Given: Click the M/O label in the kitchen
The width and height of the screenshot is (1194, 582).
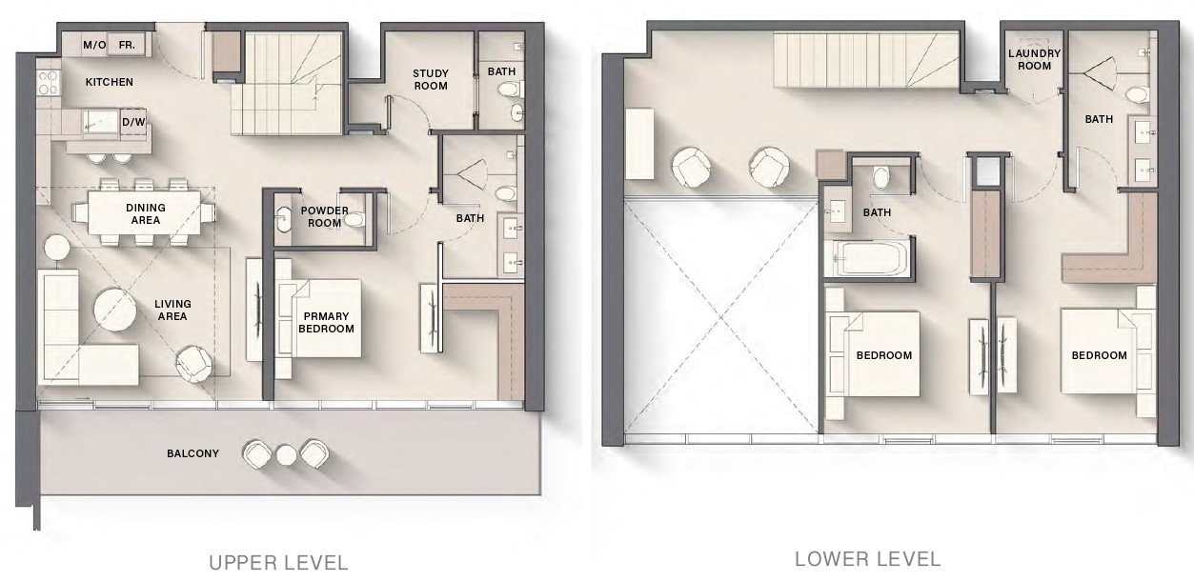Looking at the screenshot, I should (93, 45).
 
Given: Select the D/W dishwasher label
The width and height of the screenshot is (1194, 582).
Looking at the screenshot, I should (132, 122).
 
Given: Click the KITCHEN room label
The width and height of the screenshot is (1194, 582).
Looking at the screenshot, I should (110, 82).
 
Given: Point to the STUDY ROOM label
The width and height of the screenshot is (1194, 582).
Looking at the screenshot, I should (430, 79).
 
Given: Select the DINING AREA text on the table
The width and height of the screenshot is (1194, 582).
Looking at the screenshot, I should (146, 213).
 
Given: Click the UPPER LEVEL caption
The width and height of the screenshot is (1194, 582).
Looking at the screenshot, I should (278, 562).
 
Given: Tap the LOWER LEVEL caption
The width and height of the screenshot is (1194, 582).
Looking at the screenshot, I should (867, 558).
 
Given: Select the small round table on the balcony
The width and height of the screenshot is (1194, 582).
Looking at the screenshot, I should (286, 454).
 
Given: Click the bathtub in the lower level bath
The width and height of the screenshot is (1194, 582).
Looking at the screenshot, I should (868, 257).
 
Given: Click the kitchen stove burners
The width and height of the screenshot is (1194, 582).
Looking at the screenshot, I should (45, 82).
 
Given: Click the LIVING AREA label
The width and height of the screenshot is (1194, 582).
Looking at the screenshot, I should (172, 311).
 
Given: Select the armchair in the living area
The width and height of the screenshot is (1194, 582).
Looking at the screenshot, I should (193, 360).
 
